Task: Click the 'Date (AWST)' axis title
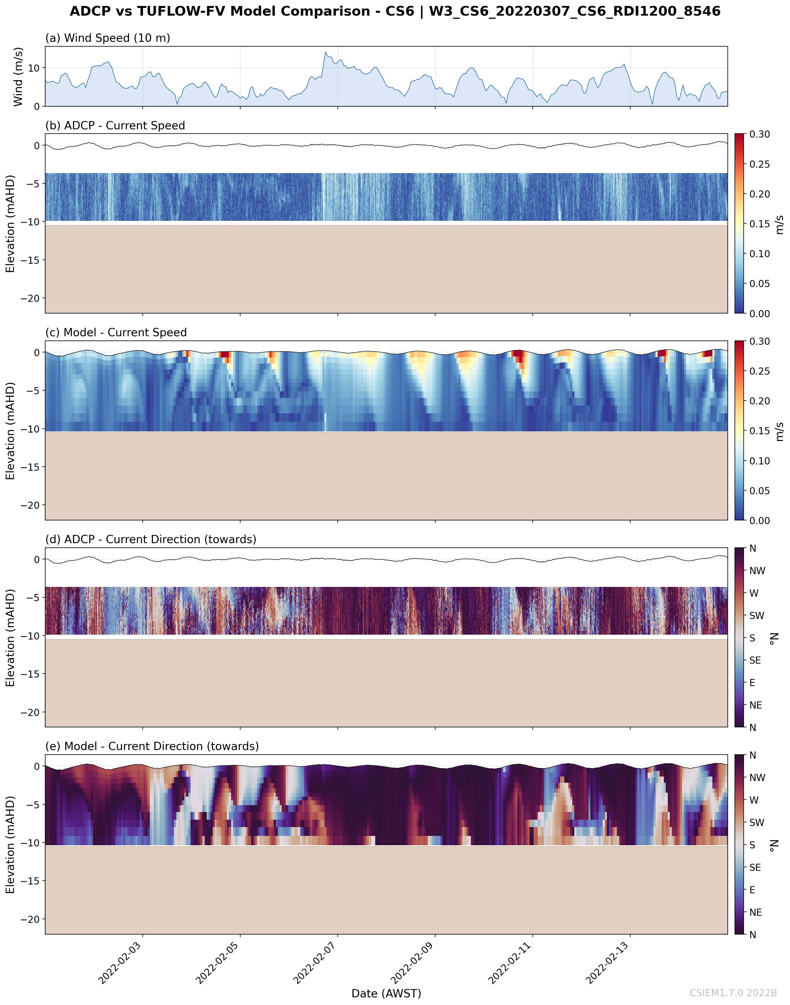coord(386,993)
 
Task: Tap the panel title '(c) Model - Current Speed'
coord(116,333)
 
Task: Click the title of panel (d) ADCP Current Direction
coord(151,539)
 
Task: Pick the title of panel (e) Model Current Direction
coord(152,746)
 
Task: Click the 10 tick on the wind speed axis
coord(34,68)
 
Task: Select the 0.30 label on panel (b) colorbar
coord(760,135)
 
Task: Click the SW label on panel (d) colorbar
coord(757,616)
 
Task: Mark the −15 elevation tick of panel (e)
coord(30,881)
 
